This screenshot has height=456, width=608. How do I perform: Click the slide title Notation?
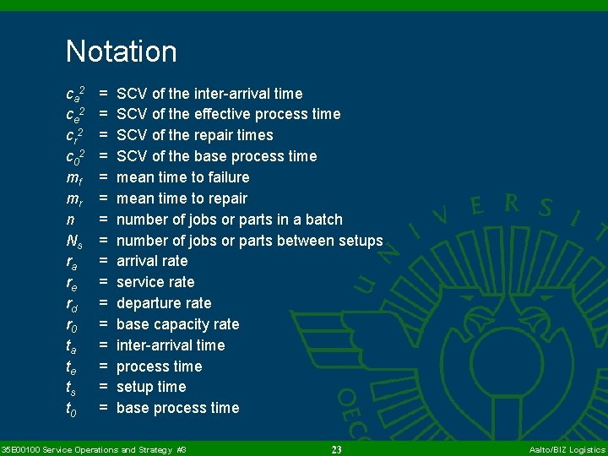coord(122,52)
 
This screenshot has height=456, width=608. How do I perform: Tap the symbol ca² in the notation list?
coord(75,93)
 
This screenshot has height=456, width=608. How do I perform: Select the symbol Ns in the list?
coord(74,241)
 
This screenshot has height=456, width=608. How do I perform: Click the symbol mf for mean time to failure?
coord(74,177)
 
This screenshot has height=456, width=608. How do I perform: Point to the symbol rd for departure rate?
coord(74,304)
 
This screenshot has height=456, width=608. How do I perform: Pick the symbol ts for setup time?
coord(73,388)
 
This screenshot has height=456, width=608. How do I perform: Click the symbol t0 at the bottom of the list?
coord(73,409)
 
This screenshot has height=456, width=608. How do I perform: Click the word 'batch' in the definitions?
coord(323,220)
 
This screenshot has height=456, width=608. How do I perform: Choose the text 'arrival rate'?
coord(152,261)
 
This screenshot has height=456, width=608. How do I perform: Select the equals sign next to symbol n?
coord(103,220)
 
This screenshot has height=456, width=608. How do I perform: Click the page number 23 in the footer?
coord(336,450)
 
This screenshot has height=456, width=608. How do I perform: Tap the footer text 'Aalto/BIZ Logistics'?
coord(567,450)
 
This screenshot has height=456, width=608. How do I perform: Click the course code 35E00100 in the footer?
coord(19,450)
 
